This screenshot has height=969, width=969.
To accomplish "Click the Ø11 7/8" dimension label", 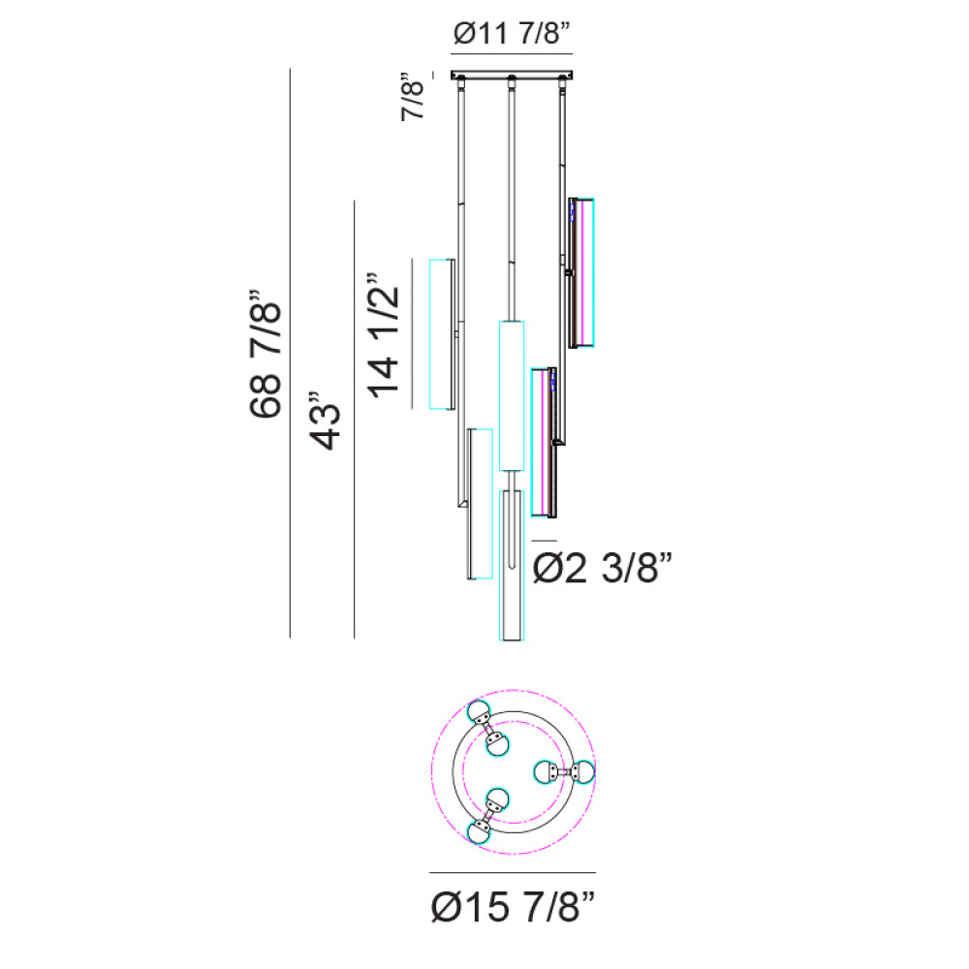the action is (x=512, y=33).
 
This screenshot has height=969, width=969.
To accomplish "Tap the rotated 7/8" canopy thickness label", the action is (x=413, y=97).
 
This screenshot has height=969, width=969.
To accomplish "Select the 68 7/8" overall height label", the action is (x=266, y=354).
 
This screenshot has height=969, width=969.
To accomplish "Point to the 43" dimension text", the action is (x=325, y=421).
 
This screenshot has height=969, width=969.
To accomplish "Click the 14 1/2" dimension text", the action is (x=383, y=334).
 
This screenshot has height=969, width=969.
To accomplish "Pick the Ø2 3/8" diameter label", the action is (x=602, y=567).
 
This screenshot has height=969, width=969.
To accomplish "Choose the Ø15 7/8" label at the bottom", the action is (x=513, y=907).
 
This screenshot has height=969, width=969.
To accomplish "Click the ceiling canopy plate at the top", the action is (x=512, y=75).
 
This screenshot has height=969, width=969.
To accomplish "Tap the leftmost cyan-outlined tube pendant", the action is (x=443, y=333).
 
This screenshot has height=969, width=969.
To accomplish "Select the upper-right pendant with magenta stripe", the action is (x=581, y=272).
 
